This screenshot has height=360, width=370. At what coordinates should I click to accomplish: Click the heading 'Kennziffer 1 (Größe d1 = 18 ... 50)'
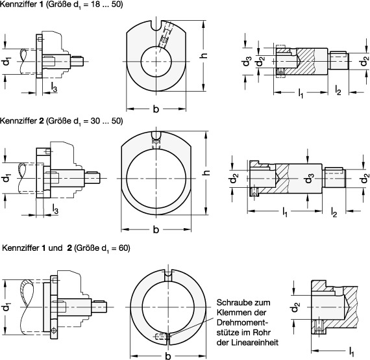62,5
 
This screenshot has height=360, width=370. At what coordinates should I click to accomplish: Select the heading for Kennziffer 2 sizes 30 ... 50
62,121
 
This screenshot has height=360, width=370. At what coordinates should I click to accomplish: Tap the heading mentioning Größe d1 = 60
66,248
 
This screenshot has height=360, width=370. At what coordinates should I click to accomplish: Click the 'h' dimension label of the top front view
204,55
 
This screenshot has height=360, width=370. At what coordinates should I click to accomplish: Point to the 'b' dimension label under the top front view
156,109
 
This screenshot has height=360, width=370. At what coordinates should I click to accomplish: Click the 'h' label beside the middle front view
206,172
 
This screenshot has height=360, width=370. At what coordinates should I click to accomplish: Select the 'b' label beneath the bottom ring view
168,355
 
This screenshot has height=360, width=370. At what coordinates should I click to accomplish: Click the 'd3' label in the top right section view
246,61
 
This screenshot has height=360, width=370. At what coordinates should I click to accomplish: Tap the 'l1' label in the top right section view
301,94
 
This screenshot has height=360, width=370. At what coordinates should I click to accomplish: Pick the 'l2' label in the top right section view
338,90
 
